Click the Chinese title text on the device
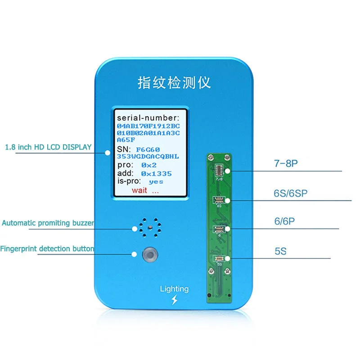[x=174, y=82]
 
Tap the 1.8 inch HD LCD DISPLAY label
[x=48, y=147]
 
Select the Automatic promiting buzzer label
[x=48, y=223]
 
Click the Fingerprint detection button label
[x=47, y=248]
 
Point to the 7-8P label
[x=285, y=164]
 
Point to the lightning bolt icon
[x=175, y=300]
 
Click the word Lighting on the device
[x=174, y=289]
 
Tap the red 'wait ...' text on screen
[x=145, y=190]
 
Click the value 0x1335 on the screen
[x=156, y=173]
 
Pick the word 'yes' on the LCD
[x=156, y=181]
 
